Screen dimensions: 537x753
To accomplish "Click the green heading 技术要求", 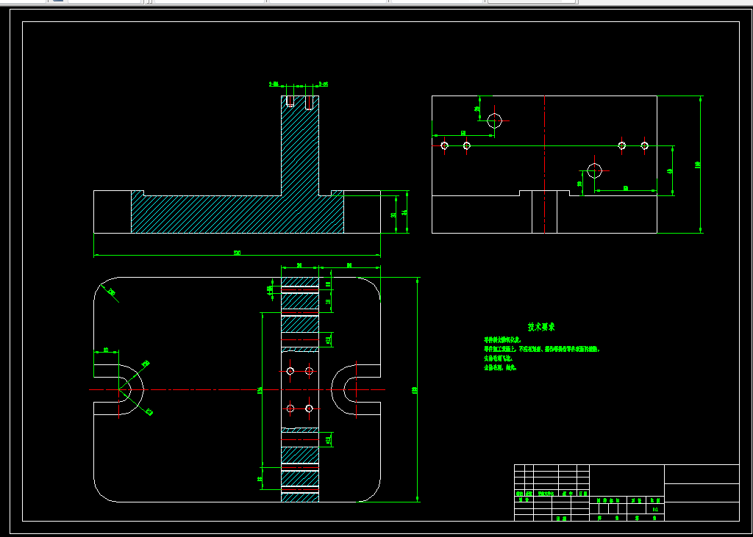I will [541, 327].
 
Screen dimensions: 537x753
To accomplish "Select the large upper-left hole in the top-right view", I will [494, 120].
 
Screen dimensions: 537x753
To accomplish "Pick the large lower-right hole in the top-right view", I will [594, 171].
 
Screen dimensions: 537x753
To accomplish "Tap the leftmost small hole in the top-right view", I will [444, 145].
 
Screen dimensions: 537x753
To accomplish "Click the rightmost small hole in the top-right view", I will [644, 145].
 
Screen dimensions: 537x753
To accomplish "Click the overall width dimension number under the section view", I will [237, 253].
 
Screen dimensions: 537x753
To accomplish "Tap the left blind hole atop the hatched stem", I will [290, 101].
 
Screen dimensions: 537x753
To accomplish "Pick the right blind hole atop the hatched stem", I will [309, 101].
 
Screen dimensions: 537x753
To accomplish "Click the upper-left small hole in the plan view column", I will [290, 371].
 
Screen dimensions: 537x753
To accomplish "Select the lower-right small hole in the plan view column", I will [309, 408].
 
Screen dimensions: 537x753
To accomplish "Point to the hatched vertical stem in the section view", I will [300, 147].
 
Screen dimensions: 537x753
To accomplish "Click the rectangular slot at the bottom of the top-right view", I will [544, 212].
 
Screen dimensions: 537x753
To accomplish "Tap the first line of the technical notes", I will [502, 341].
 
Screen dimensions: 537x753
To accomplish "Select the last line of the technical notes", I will [500, 367].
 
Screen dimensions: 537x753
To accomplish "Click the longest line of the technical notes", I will [541, 350].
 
